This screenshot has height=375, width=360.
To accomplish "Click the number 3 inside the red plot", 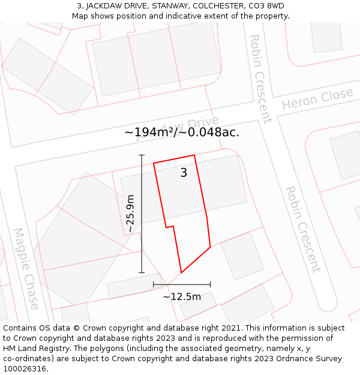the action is click(184, 173).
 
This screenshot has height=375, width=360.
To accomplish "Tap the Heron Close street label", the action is click(317, 99).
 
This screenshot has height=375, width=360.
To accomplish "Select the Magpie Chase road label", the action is click(26, 268).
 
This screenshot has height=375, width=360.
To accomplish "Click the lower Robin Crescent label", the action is click(302, 229).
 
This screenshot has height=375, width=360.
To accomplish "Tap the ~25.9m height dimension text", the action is click(130, 214).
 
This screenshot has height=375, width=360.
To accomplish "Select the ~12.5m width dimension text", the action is click(182, 296).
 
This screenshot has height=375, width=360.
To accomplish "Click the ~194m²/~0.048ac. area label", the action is click(182, 133).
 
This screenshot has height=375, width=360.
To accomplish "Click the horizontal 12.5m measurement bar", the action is click(182, 284).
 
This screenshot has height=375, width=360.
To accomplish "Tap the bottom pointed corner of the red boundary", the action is click(181, 273).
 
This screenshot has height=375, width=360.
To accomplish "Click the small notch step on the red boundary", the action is click(170, 227).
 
